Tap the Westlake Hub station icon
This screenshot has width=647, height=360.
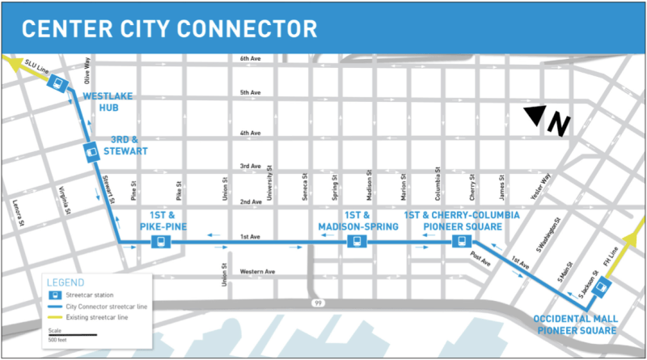[x=57, y=84]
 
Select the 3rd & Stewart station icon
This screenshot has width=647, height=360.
[x=91, y=150]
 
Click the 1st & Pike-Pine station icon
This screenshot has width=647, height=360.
[x=163, y=242]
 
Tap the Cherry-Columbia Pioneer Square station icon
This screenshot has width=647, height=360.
[x=460, y=242]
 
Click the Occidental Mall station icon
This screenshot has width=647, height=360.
[x=600, y=289]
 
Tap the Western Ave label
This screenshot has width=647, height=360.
[x=258, y=270]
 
